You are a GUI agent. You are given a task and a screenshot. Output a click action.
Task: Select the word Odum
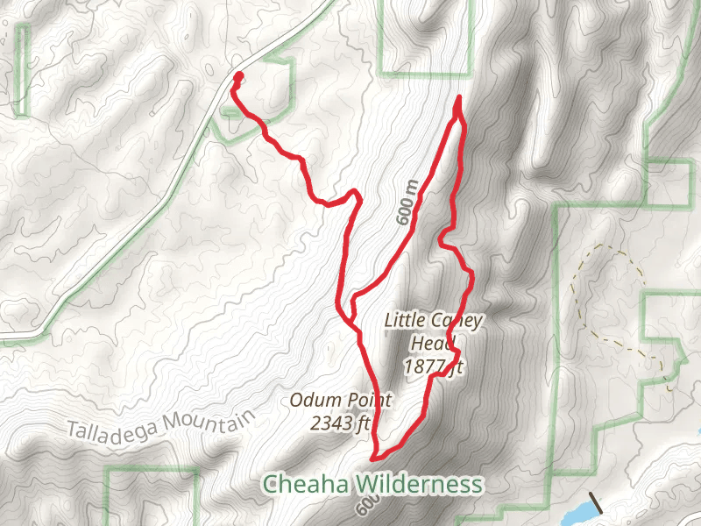pos(311,402)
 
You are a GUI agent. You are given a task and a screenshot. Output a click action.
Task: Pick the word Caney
pos(453,321)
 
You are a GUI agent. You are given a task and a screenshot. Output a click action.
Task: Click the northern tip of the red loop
pos(459,99)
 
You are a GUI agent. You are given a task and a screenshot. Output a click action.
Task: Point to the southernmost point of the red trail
pos(376,457)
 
